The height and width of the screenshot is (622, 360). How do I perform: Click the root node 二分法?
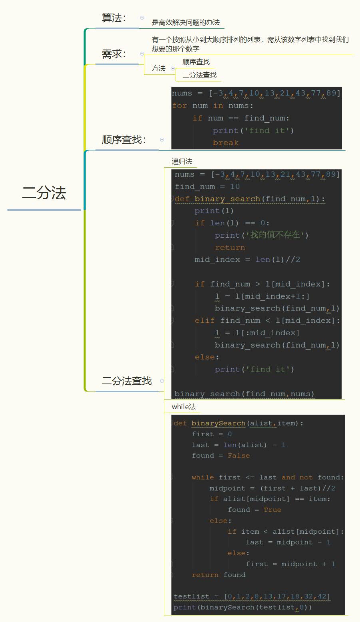point(44,193)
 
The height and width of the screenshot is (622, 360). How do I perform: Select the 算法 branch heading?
point(114,18)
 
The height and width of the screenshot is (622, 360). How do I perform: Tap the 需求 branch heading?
point(114,54)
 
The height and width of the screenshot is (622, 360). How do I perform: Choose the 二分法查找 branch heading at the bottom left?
point(127,381)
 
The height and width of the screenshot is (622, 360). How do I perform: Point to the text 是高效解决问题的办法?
point(186,23)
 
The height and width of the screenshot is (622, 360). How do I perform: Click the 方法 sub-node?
point(159,68)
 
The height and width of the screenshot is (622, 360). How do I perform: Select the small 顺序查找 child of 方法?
point(196,62)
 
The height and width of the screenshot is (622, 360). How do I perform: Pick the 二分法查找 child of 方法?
point(199,75)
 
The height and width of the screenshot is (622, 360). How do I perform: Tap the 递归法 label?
point(182,161)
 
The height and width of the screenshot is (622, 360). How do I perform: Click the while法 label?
point(184,407)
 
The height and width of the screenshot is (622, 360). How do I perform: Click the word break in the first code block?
point(225,143)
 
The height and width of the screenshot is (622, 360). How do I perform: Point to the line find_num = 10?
point(207,187)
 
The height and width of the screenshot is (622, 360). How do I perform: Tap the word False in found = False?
point(239,456)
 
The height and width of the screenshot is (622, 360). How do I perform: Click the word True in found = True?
point(272,510)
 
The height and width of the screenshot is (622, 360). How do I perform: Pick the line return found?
point(218,575)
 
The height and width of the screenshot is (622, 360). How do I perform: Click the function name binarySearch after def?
point(218,423)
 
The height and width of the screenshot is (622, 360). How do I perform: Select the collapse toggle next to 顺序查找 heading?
point(162,140)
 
